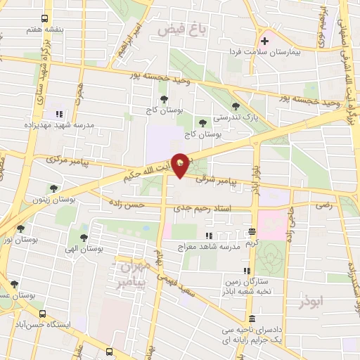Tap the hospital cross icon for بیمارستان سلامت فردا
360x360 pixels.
(264, 41)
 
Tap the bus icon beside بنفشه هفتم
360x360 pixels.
(46, 19)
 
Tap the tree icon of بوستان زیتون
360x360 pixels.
(53, 188)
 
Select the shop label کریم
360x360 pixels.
(252, 242)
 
